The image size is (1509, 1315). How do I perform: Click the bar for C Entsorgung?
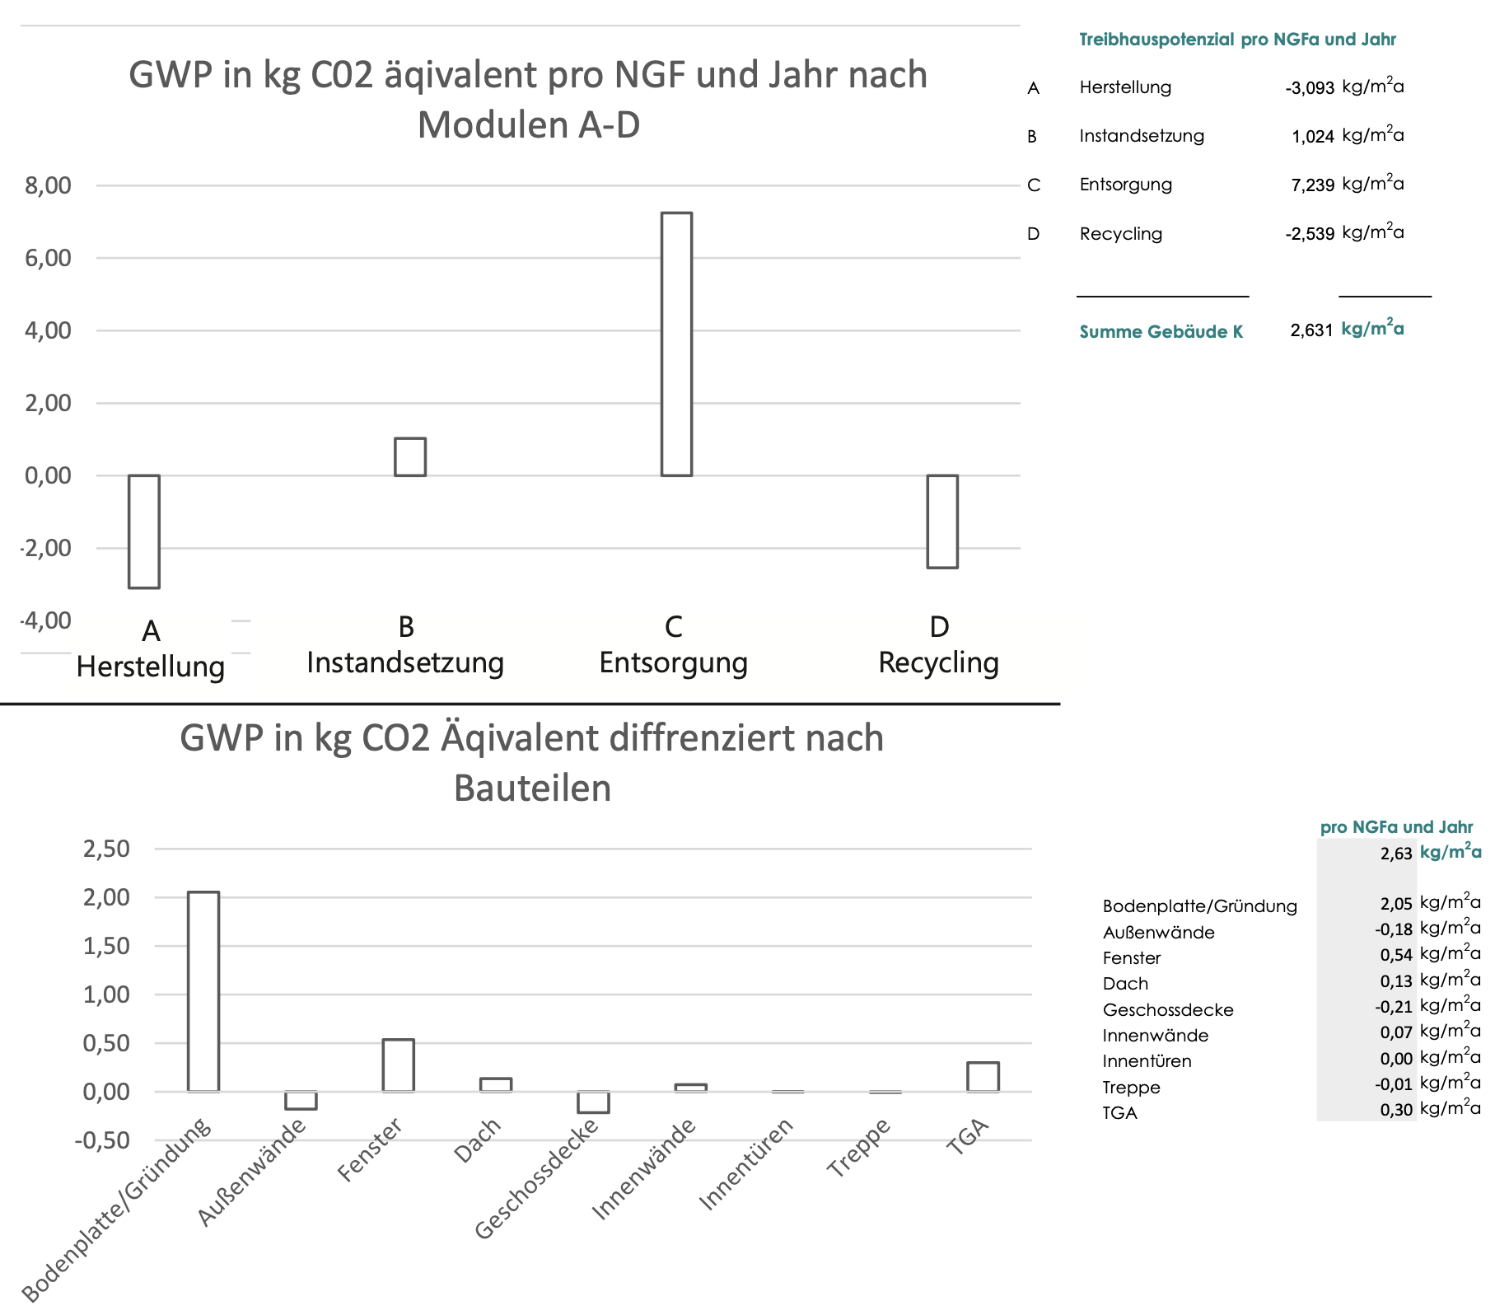676,344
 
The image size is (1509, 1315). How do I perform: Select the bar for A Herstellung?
144,531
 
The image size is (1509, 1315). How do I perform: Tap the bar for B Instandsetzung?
410,457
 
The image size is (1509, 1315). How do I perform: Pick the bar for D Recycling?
942,522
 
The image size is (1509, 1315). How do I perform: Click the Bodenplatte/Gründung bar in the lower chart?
203,991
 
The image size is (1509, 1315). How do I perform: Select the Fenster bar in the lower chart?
399,1065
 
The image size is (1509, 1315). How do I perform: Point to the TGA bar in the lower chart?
983,1077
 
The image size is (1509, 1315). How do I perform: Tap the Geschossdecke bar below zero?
593,1102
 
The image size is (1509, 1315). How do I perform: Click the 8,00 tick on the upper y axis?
48,185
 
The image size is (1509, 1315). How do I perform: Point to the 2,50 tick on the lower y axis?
106,849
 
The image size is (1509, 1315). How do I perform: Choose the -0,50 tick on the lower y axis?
102,1140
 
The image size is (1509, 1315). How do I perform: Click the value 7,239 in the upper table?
1312,185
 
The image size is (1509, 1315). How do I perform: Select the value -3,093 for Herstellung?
1309,88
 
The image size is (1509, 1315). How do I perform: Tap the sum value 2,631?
1311,330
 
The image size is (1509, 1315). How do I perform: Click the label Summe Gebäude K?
1161,332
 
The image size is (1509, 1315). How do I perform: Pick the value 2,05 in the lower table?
1396,904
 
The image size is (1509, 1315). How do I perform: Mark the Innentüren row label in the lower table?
1147,1061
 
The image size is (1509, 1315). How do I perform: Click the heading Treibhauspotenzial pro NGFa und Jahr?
1237,40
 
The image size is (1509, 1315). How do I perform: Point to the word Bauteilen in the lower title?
532,789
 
